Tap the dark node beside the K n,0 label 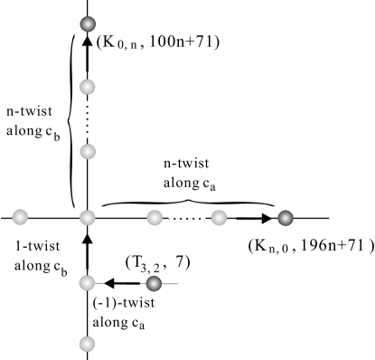(285, 217)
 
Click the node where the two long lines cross (87, 217)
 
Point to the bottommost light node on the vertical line (87, 344)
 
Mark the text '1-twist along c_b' (34, 254)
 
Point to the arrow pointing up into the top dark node (87, 45)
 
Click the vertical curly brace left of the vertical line (72, 118)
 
